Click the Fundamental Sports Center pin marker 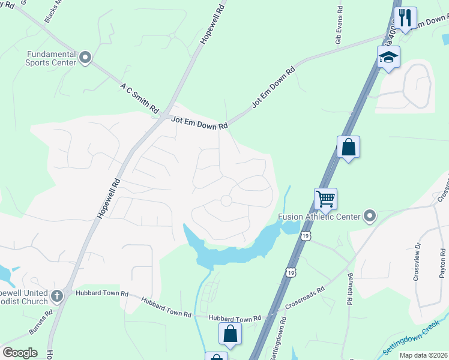pyautogui.click(x=85, y=58)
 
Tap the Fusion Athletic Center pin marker pyautogui.click(x=369, y=216)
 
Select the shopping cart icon pyautogui.click(x=325, y=198)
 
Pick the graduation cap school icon pyautogui.click(x=388, y=57)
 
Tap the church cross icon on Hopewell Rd pyautogui.click(x=56, y=295)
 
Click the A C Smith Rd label pyautogui.click(x=139, y=99)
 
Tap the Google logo pyautogui.click(x=20, y=353)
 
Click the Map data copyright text pyautogui.click(x=423, y=355)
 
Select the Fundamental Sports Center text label pyautogui.click(x=51, y=58)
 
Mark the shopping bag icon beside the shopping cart pyautogui.click(x=348, y=147)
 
